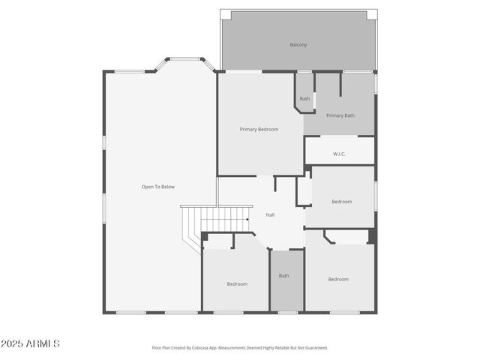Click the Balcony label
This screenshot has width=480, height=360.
[298, 45]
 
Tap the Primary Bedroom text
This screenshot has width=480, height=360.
[259, 129]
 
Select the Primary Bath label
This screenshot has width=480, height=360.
[340, 115]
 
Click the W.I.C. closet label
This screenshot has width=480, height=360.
[339, 154]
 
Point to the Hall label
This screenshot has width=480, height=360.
[270, 215]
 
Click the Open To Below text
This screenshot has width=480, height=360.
[158, 187]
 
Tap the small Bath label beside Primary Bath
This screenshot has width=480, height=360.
[304, 99]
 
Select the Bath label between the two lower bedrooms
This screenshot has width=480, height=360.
[283, 276]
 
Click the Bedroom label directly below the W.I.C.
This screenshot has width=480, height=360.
[342, 201]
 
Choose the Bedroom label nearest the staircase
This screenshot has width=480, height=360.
[237, 283]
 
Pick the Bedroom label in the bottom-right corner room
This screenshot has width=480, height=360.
[338, 279]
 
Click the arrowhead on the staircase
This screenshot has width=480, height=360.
[247, 219]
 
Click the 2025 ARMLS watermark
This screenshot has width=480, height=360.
[31, 343]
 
